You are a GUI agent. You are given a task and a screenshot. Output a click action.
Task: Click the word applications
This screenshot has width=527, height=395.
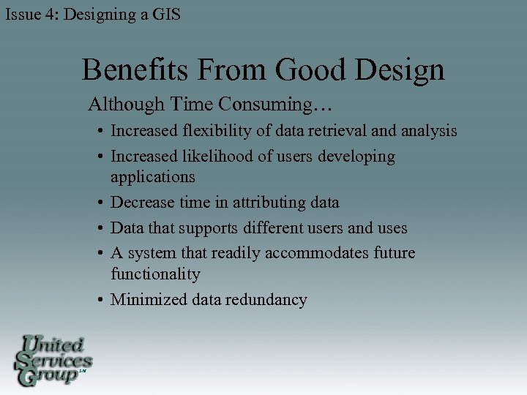[153, 177]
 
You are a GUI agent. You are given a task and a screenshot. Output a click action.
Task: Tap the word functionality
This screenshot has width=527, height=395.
[155, 274]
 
